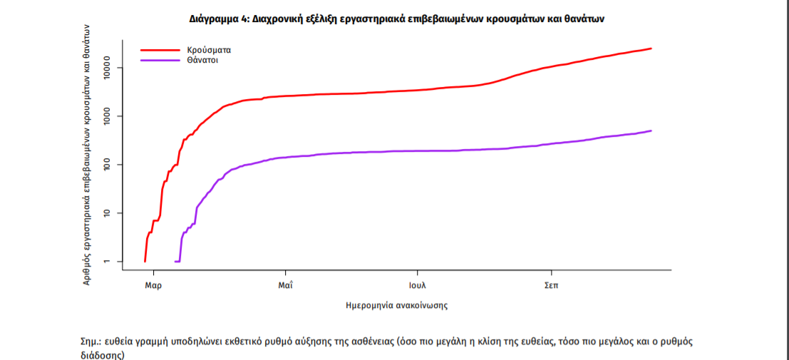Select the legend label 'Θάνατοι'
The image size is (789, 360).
pos(202,61)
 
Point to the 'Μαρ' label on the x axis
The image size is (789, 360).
pos(153,285)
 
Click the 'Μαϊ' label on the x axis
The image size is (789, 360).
pos(286,285)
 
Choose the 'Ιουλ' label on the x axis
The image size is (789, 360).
pos(418,285)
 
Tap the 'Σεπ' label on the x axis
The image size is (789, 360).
pos(551,285)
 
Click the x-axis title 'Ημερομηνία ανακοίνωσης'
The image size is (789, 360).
pos(396,305)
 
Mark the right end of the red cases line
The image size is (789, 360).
pos(651,48)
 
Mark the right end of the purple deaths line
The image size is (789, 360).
pos(651,130)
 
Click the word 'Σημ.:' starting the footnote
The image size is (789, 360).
pos(92,341)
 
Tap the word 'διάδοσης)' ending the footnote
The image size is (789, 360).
pos(102,354)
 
